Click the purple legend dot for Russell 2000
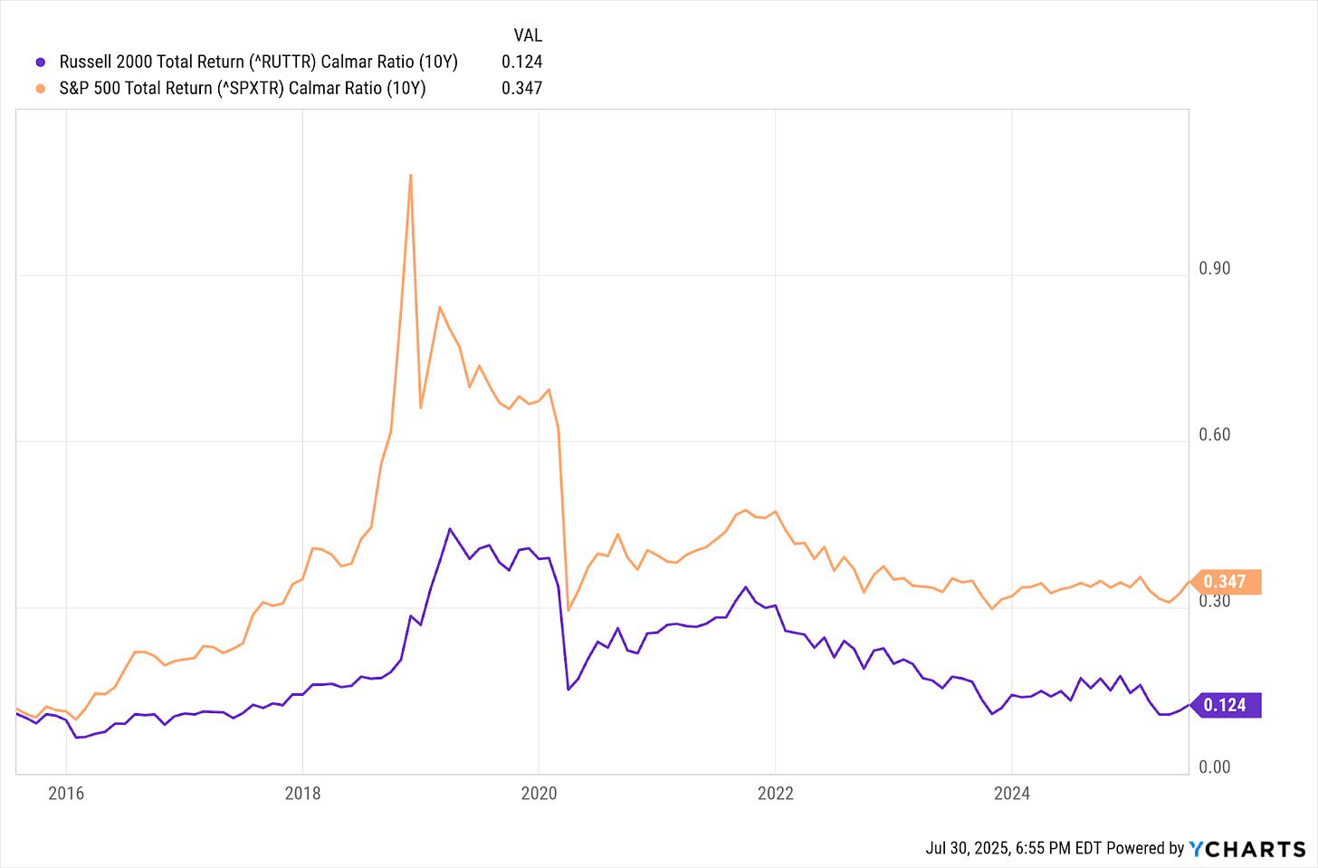point(40,63)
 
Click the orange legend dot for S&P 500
point(40,89)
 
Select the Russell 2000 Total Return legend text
point(258,62)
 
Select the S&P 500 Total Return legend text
point(242,88)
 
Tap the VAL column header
point(527,35)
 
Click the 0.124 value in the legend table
point(521,62)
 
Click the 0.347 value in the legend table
point(521,88)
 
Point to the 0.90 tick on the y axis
point(1214,268)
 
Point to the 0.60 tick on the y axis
point(1214,435)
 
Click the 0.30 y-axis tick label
point(1214,601)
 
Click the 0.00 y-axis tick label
point(1214,767)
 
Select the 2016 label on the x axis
point(66,794)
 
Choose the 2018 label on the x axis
point(302,794)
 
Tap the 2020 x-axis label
point(539,794)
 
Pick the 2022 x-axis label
point(775,794)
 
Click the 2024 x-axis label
point(1011,794)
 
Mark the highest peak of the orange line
point(410,175)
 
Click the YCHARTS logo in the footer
point(1247,849)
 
